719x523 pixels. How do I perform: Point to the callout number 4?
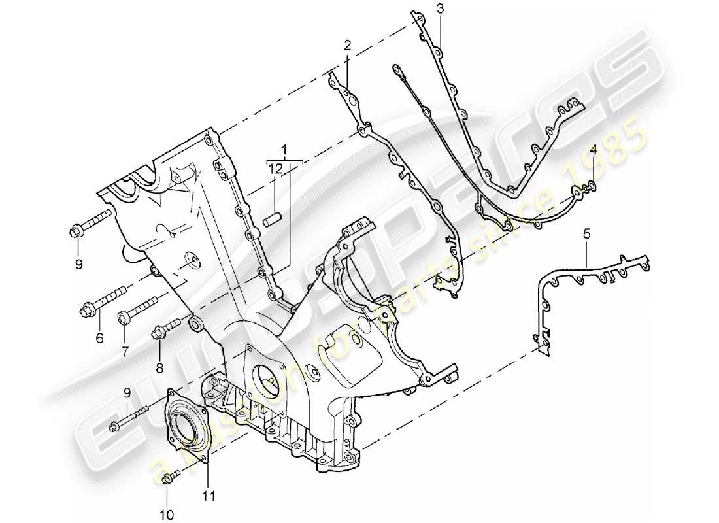click(x=592, y=150)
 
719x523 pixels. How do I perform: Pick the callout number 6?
click(x=99, y=338)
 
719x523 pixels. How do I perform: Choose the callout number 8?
click(x=159, y=368)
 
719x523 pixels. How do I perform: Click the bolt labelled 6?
click(x=105, y=305)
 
